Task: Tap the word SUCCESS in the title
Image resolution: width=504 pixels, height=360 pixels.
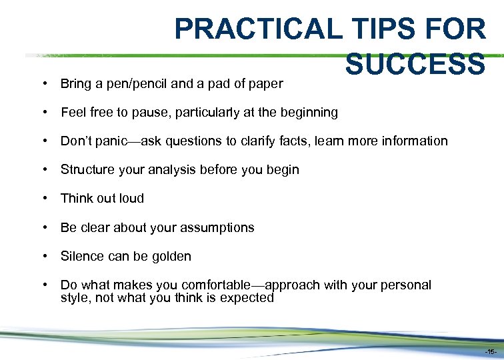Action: point(415,64)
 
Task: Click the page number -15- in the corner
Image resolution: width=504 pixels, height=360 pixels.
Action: point(490,351)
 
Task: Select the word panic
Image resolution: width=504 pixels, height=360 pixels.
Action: point(113,141)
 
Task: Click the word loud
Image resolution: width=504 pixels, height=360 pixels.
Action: point(131,199)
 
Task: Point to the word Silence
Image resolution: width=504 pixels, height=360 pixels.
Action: point(82,257)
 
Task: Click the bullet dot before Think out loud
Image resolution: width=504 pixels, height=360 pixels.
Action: point(44,199)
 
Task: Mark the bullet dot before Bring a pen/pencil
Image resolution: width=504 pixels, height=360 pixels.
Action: point(44,85)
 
